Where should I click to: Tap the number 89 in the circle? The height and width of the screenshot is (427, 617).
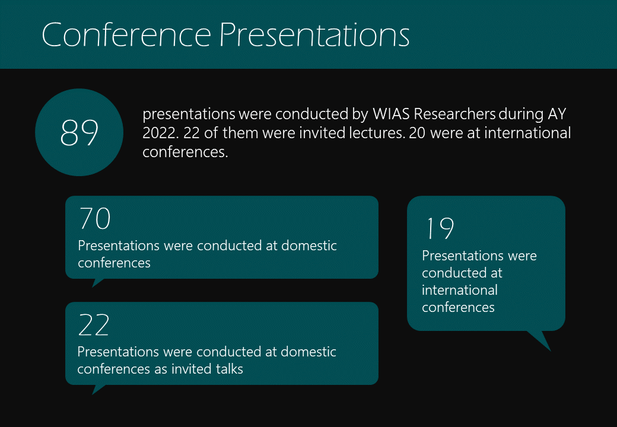(79, 132)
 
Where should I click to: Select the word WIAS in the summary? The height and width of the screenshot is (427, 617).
(391, 114)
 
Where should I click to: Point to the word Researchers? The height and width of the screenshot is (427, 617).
(454, 114)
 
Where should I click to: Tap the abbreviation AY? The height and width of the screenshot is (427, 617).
(557, 114)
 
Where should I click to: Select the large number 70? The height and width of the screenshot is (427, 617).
(95, 218)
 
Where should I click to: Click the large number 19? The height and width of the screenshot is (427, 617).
(440, 228)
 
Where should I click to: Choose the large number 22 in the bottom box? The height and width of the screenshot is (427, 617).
(94, 325)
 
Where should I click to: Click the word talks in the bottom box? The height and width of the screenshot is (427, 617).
(230, 369)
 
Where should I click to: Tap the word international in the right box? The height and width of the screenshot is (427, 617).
(460, 290)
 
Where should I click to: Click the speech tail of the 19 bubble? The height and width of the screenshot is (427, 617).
(542, 339)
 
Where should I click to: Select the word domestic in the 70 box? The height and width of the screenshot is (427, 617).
(309, 246)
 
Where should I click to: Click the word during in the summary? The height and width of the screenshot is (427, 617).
(521, 114)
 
